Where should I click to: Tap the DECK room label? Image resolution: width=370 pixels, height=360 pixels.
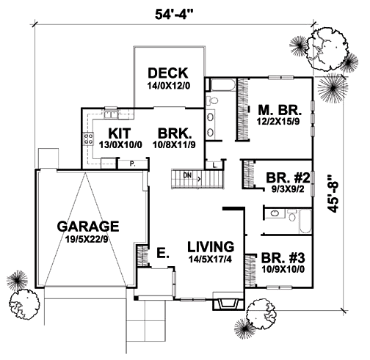pos(168,73)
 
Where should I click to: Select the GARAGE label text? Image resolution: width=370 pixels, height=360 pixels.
pos(88,227)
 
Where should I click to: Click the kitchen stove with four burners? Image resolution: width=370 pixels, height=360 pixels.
pos(89,139)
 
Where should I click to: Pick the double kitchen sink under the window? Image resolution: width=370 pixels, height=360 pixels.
pos(111,114)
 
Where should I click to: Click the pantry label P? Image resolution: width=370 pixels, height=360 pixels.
pos(133,164)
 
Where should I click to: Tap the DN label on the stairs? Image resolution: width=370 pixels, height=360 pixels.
pos(187,175)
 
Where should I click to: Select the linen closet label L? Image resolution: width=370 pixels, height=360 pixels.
pos(215,166)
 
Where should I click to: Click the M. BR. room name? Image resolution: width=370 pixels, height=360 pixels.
pos(280,110)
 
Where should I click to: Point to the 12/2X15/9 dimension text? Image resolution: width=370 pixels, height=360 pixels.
pos(278,122)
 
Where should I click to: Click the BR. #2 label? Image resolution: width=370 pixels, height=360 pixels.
pos(288,178)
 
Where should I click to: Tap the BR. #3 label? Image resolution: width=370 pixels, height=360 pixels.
pos(283,258)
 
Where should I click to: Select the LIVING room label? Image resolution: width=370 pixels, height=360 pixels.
pos(211,247)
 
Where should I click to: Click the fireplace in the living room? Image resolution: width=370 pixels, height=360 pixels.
pos(228,301)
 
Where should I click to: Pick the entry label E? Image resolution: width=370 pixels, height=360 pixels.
pos(163,253)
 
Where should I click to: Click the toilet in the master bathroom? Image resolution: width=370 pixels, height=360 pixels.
pos(212,100)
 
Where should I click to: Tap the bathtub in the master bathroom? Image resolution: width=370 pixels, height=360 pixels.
pos(223,85)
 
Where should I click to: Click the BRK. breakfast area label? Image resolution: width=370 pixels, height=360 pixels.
pos(175,133)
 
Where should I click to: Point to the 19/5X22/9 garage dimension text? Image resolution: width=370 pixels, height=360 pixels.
pos(87,239)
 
